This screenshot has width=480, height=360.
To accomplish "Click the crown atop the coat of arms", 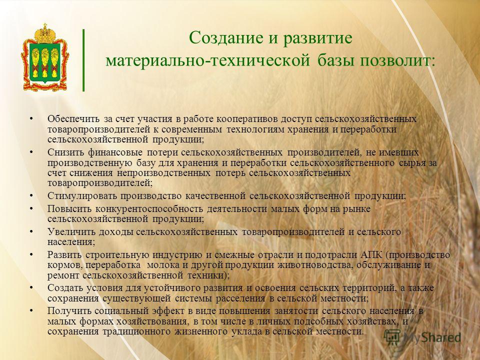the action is (45, 33).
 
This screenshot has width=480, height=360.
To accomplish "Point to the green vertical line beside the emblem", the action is (83, 60).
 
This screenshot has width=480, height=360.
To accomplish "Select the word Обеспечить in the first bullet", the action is (73, 118).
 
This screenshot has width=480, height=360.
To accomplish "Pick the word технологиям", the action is (255, 129).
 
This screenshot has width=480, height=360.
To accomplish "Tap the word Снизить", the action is (65, 152).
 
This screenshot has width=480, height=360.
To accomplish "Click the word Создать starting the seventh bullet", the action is (65, 288).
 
